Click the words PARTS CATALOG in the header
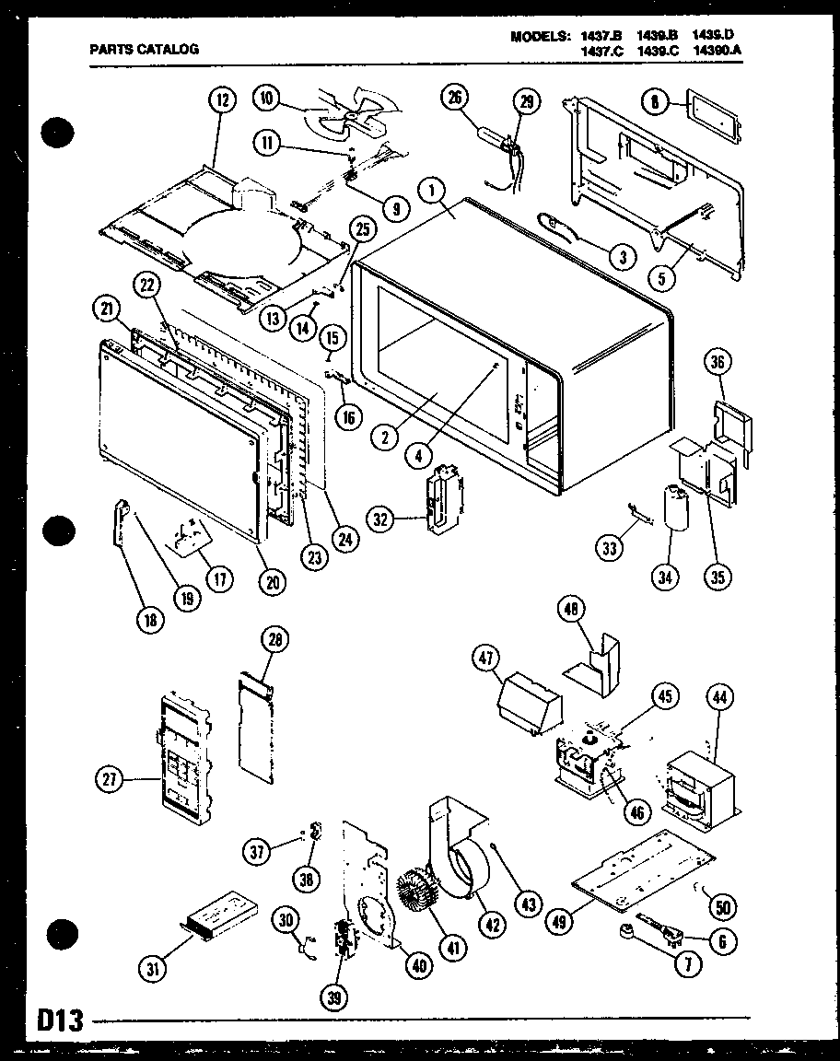(x=144, y=50)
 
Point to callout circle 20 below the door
(x=273, y=581)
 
